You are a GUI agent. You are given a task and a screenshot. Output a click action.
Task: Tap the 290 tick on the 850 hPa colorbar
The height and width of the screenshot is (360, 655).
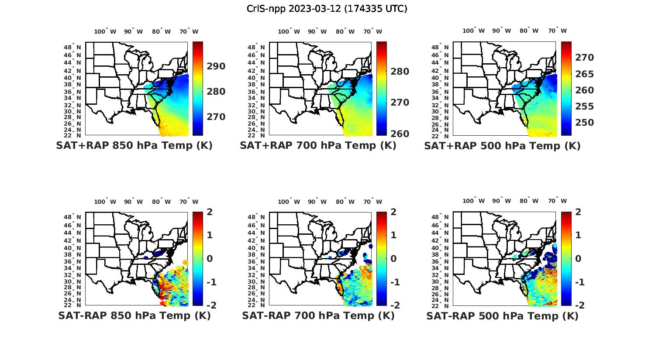216,66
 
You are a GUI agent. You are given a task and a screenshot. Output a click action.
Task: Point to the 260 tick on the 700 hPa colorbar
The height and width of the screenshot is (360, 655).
400,134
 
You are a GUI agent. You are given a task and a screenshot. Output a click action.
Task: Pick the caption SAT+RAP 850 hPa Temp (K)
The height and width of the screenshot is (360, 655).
134,146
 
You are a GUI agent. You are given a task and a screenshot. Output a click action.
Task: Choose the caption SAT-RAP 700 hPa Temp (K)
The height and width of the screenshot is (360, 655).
318,315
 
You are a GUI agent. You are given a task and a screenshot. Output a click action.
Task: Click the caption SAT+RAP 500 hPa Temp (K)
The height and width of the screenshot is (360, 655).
502,146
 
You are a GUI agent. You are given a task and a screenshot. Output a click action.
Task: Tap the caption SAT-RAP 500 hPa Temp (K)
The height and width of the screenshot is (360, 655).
502,316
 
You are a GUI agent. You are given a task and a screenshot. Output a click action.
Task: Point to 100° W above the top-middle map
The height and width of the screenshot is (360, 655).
289,31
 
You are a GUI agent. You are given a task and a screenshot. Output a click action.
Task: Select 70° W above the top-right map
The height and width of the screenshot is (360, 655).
557,31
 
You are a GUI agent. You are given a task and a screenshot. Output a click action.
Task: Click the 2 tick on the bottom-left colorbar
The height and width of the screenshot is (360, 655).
209,212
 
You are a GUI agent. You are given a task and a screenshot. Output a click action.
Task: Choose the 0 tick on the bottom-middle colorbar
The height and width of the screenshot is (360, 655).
393,258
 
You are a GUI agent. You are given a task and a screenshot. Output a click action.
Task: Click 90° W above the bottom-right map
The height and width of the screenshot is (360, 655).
501,201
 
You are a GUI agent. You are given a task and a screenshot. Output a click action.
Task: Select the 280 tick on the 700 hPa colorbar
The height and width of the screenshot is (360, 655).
400,72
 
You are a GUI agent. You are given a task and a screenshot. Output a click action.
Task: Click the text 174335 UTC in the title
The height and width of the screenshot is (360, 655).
376,9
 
